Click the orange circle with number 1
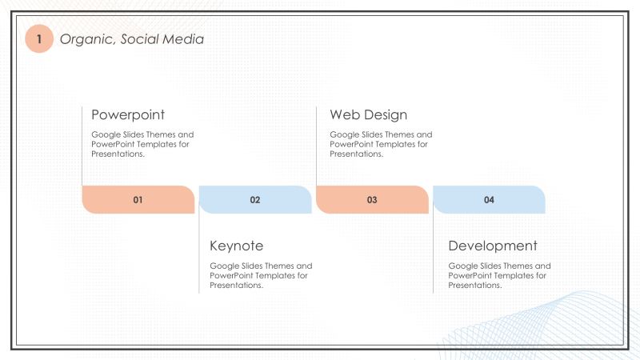tap(38, 38)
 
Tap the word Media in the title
tap(184, 38)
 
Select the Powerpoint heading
tap(128, 114)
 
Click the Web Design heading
tap(368, 114)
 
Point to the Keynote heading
tap(236, 246)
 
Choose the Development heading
tap(493, 246)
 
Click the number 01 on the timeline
tap(138, 200)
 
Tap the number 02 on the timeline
tap(255, 200)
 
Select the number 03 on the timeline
tap(372, 200)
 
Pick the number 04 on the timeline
tap(489, 200)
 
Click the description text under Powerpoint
tap(142, 144)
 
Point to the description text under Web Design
tap(381, 144)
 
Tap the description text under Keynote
tap(261, 275)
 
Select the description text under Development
tap(499, 275)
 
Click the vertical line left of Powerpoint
tap(82, 144)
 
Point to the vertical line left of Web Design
tap(317, 144)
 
